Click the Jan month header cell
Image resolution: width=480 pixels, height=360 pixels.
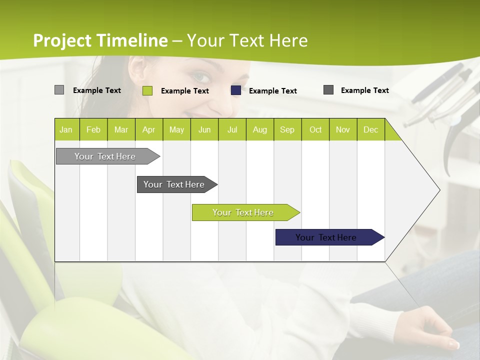(66, 129)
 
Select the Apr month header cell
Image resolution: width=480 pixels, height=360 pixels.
(149, 129)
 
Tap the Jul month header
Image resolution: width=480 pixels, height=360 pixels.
(232, 129)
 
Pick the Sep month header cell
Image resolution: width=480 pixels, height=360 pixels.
(287, 129)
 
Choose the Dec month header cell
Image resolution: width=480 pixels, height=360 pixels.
(370, 129)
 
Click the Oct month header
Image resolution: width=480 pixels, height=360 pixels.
(315, 129)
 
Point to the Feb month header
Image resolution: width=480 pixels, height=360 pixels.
(93, 129)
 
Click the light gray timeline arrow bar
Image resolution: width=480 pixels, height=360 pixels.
(105, 156)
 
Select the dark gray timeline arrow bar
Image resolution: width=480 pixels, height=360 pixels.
(174, 184)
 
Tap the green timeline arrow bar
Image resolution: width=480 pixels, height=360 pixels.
(243, 212)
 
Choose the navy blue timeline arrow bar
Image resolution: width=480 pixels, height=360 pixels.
(326, 237)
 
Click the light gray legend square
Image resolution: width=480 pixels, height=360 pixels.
(59, 90)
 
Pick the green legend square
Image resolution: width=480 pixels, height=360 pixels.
(147, 90)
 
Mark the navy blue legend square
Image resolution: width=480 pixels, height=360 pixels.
(236, 90)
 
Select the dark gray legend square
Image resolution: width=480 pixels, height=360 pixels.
(328, 90)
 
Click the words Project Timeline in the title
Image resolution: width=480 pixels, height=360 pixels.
(100, 40)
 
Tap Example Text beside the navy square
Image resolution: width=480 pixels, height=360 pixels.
(273, 91)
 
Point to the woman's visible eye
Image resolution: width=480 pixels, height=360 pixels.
(201, 77)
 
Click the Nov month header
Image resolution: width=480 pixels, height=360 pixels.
(343, 129)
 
